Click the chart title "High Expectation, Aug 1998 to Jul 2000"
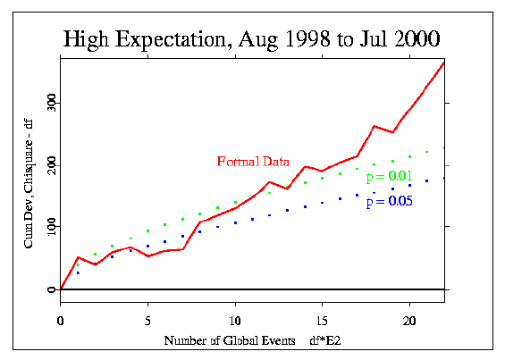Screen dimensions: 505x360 [251, 39]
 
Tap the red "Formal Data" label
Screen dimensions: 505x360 [253, 162]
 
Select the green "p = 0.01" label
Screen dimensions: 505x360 [390, 177]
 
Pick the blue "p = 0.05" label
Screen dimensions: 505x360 [390, 202]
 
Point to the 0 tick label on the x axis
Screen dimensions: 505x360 [60, 321]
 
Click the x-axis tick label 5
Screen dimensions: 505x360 [147, 321]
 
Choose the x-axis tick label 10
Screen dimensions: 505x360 [235, 321]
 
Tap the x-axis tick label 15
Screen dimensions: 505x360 [322, 321]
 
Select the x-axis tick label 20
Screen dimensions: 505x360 [409, 321]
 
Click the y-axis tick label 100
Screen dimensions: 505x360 [52, 227]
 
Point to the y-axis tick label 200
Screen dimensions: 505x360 [52, 165]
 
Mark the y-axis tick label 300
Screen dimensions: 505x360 [52, 103]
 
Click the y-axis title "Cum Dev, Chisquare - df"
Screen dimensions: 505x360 [29, 184]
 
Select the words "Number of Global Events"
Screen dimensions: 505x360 [230, 340]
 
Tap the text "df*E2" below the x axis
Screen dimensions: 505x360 [325, 340]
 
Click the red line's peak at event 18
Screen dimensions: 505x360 [375, 126]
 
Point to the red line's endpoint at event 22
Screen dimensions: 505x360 [444, 63]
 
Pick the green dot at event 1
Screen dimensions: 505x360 [78, 265]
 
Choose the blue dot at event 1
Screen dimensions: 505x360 [78, 273]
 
